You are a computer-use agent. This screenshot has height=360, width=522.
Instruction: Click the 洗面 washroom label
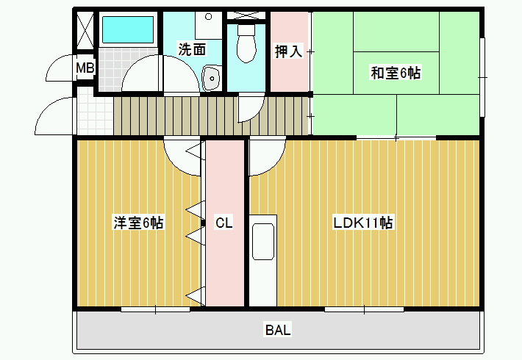(192, 49)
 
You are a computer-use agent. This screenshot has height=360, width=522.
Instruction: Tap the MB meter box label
(85, 68)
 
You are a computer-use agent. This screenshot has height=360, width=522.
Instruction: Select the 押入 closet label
(289, 51)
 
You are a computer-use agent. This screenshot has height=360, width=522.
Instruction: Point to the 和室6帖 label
(396, 73)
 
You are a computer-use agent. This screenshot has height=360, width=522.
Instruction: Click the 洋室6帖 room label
(138, 223)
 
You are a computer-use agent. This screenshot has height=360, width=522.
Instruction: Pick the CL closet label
(224, 223)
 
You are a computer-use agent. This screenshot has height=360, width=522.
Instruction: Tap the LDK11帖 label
(363, 223)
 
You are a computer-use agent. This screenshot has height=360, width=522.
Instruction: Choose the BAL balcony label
(278, 330)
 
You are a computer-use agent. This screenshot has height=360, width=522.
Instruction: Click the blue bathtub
(128, 29)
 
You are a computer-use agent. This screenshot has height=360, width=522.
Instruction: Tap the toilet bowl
(246, 43)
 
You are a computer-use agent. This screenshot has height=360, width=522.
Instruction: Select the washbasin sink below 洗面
(212, 78)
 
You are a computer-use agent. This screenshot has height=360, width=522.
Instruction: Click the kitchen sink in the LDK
(263, 241)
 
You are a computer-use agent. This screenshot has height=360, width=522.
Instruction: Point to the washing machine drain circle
(208, 16)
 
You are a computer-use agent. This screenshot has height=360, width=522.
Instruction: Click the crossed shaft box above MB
(85, 31)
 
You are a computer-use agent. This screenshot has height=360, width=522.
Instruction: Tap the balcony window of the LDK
(364, 309)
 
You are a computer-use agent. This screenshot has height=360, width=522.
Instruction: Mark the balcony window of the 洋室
(155, 309)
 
